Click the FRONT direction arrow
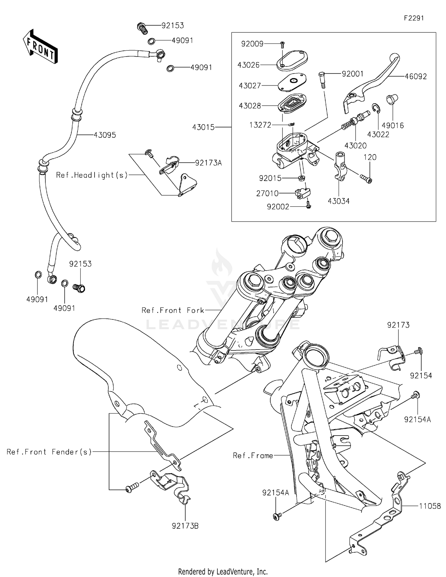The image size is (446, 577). pos(40,46)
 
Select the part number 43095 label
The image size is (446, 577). pos(105,135)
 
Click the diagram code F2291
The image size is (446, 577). pos(414,18)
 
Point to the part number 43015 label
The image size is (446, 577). pos(203,127)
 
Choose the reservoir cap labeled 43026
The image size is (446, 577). pos(293,61)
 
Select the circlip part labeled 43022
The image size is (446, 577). pos(376,109)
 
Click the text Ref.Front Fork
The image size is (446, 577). pos(173,310)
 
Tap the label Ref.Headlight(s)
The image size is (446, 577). pos(92,175)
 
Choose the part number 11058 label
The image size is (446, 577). pos(430,506)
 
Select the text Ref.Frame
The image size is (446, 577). pos(253,456)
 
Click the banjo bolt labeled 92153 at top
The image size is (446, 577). pos(142,28)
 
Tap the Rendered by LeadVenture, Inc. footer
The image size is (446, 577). pos(223,572)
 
